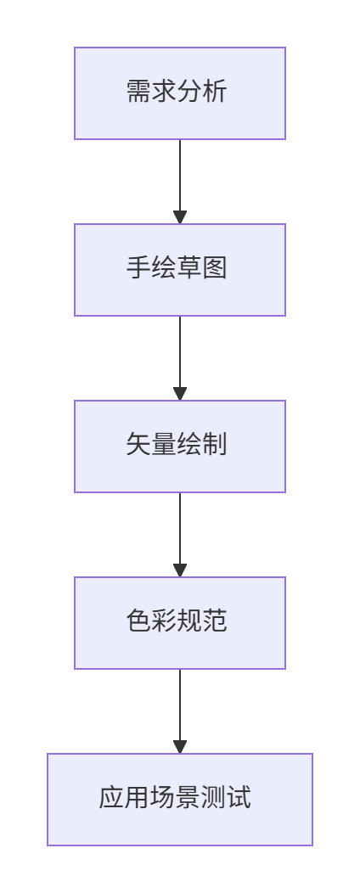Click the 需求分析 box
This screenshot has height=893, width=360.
click(x=180, y=93)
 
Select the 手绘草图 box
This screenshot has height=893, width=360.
click(x=180, y=270)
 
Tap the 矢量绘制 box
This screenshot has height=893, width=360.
click(x=180, y=446)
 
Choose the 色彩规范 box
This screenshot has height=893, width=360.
click(x=180, y=623)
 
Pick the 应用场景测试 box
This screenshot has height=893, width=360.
click(x=180, y=800)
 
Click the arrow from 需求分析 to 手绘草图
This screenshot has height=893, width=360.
click(x=180, y=182)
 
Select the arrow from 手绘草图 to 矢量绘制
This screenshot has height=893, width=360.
click(x=180, y=358)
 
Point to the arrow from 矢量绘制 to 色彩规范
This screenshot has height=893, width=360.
click(x=180, y=535)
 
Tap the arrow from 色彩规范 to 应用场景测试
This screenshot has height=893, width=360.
click(x=180, y=711)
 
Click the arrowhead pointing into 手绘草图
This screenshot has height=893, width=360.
click(x=180, y=217)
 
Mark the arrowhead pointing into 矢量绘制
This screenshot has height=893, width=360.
click(x=180, y=394)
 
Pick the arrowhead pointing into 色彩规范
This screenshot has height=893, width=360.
click(x=180, y=570)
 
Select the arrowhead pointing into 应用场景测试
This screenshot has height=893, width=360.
click(x=180, y=747)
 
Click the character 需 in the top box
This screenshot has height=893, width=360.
click(x=138, y=92)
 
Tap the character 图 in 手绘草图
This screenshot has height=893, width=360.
click(x=215, y=268)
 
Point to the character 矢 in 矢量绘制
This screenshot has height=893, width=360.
click(x=138, y=445)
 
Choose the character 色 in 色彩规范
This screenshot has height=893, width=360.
click(x=138, y=621)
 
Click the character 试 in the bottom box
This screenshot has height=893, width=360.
click(x=239, y=798)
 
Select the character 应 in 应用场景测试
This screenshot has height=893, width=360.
click(x=111, y=798)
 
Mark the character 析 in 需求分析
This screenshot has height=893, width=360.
click(x=215, y=92)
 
